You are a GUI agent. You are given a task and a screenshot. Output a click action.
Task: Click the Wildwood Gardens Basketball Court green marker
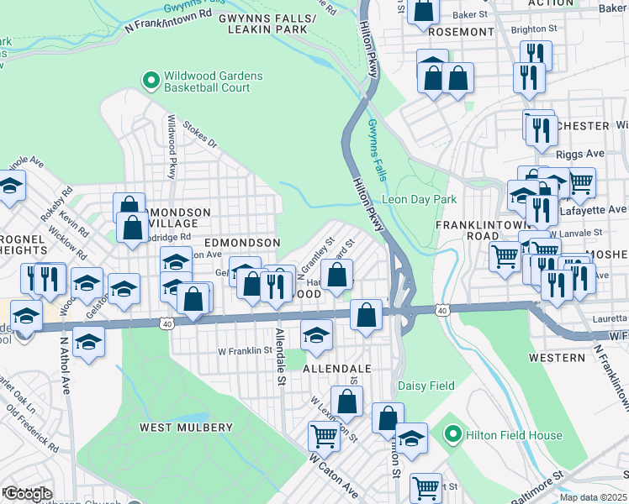click(x=151, y=81)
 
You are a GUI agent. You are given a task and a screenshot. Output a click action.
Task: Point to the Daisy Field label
click(x=425, y=386)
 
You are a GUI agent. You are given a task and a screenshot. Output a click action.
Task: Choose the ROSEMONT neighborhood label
click(x=461, y=32)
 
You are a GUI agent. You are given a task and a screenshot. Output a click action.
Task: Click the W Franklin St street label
click(x=246, y=351)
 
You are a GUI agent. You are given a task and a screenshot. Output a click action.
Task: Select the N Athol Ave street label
click(x=65, y=365)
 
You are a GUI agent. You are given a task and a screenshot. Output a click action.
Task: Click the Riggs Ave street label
click(x=580, y=155)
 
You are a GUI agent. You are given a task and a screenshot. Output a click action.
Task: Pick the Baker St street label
click(x=470, y=15)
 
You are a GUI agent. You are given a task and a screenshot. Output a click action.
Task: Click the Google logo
click(x=29, y=494)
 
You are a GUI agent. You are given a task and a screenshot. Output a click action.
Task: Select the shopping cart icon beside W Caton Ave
click(x=324, y=435)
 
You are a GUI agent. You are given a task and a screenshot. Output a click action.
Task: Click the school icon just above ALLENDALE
click(x=315, y=335)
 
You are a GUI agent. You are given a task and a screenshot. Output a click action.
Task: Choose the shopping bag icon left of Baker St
click(x=425, y=11)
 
